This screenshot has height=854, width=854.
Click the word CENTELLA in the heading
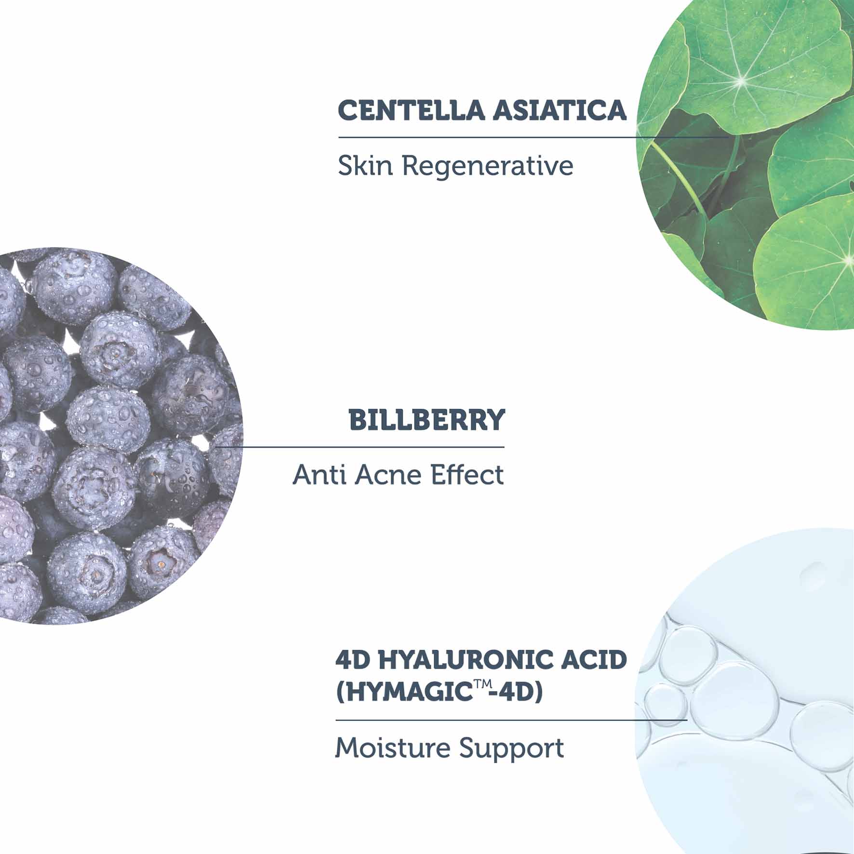[x=411, y=111]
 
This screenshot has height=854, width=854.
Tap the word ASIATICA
[x=559, y=111]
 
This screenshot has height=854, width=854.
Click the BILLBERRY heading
[x=427, y=420]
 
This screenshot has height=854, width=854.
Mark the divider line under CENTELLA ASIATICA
[x=534, y=137]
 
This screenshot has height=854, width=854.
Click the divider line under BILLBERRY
[x=360, y=447]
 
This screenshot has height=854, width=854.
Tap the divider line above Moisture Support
[x=511, y=720]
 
